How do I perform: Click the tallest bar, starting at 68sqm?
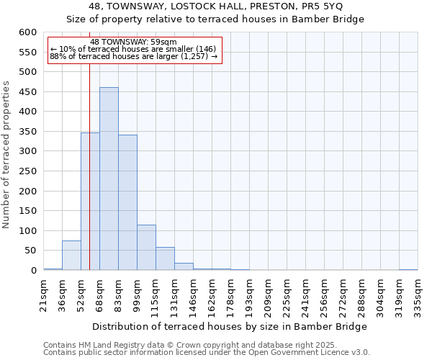click(x=109, y=179)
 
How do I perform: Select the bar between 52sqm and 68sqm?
click(x=90, y=202)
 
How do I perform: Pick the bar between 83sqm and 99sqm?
click(x=127, y=202)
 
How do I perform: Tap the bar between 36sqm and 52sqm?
click(x=71, y=256)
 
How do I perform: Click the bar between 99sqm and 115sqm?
click(x=146, y=248)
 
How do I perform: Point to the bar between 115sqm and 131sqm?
click(x=165, y=258)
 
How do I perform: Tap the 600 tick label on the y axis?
click(x=27, y=32)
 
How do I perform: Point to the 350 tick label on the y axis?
click(x=27, y=132)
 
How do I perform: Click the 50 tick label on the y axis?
click(x=30, y=251)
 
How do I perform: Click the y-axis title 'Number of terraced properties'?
click(x=6, y=154)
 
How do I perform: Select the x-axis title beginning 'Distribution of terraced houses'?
click(x=230, y=326)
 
